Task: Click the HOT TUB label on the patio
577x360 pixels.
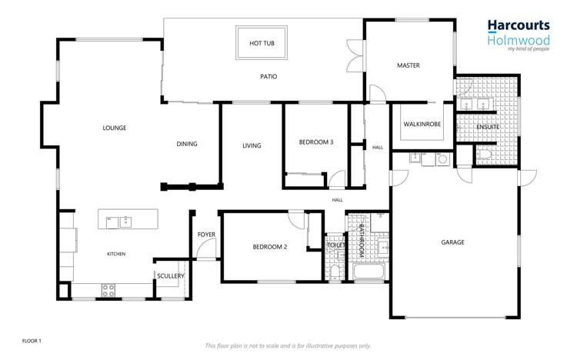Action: (x=262, y=44)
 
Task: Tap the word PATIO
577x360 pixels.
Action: (x=268, y=77)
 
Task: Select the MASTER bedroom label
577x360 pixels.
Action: (x=408, y=66)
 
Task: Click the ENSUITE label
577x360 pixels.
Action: (x=488, y=127)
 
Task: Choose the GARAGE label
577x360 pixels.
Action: (x=452, y=242)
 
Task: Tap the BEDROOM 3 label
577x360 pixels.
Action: (x=315, y=142)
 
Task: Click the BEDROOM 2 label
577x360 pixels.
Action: (x=269, y=247)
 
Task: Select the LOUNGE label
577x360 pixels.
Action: (x=114, y=128)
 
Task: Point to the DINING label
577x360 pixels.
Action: (x=187, y=144)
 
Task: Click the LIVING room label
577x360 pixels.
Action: (x=252, y=145)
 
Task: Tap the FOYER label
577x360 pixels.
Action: (x=206, y=235)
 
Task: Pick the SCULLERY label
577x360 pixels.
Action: (x=170, y=275)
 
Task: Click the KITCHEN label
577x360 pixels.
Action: (x=115, y=254)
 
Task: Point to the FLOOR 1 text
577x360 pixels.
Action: (x=32, y=339)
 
